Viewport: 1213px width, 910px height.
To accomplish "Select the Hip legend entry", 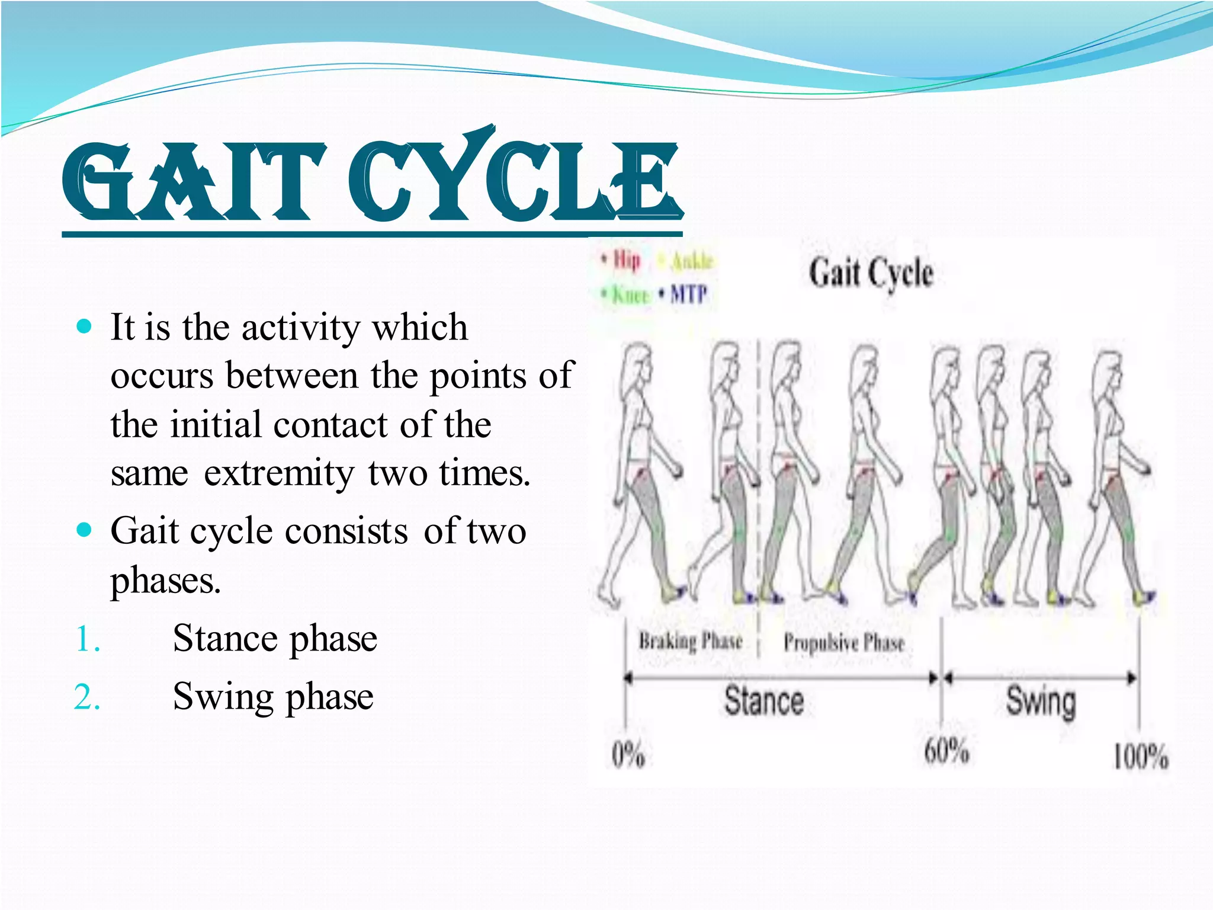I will (x=625, y=261).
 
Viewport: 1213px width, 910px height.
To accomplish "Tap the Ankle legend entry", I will (x=691, y=261).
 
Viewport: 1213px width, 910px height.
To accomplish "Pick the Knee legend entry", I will (x=630, y=294).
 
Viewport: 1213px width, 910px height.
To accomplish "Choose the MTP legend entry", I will (x=688, y=294).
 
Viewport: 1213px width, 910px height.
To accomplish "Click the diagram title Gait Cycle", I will (x=871, y=274).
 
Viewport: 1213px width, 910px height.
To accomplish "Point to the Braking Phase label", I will (x=690, y=641).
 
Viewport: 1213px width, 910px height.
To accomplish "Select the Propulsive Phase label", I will (x=843, y=642).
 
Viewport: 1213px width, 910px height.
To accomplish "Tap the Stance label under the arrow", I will (x=764, y=701).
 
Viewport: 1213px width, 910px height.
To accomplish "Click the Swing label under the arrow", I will (x=1041, y=701).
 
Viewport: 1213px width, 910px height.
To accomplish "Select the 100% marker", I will (x=1140, y=757).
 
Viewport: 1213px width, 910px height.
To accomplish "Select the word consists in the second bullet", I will (x=346, y=531).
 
